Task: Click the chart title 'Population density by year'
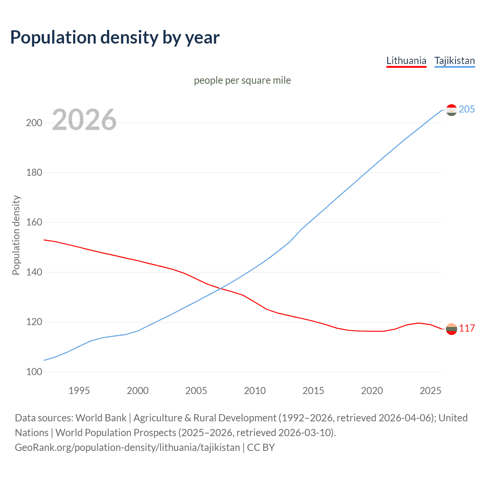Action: [x=115, y=38]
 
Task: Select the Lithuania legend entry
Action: [x=406, y=61]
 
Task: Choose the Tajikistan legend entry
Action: [x=454, y=61]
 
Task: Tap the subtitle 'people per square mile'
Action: [x=242, y=80]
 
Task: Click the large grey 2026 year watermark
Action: [x=84, y=120]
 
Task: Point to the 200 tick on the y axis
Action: [x=34, y=123]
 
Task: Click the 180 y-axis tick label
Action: [x=34, y=173]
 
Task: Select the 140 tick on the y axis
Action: [x=34, y=272]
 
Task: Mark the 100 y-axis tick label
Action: [x=34, y=372]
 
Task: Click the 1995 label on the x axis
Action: [x=79, y=391]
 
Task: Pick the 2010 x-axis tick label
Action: [x=255, y=391]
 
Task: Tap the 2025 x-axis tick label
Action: [x=430, y=391]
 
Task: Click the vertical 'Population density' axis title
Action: [x=16, y=235]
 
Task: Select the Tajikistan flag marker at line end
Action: [x=451, y=110]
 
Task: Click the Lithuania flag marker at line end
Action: [x=451, y=329]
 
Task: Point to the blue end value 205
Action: [x=467, y=109]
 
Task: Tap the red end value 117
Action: [x=467, y=328]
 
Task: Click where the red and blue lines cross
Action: [x=221, y=289]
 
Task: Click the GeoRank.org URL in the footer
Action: [x=127, y=447]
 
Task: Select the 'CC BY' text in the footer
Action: [x=261, y=447]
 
